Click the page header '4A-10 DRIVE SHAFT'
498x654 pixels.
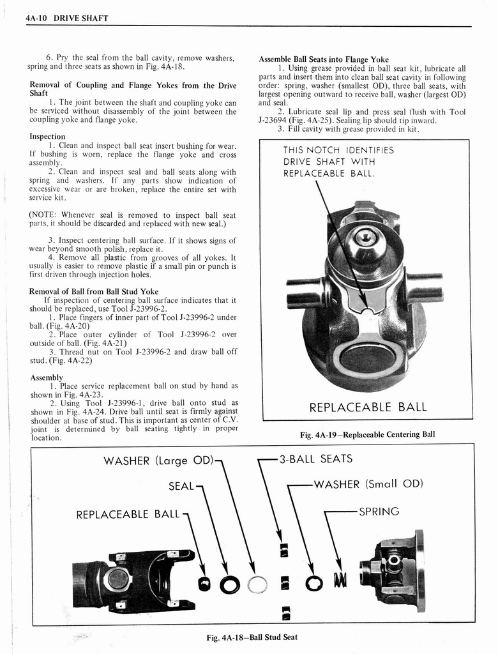pyautogui.click(x=67, y=18)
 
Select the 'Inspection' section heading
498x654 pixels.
pyautogui.click(x=47, y=136)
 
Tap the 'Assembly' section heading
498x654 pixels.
pyautogui.click(x=47, y=377)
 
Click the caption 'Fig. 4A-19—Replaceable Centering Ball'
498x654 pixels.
pyautogui.click(x=367, y=434)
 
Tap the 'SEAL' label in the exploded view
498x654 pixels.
pyautogui.click(x=181, y=487)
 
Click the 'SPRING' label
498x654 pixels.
pyautogui.click(x=379, y=512)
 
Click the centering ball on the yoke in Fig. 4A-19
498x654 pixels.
pyautogui.click(x=366, y=241)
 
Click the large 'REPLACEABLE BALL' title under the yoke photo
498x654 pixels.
pyautogui.click(x=367, y=407)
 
